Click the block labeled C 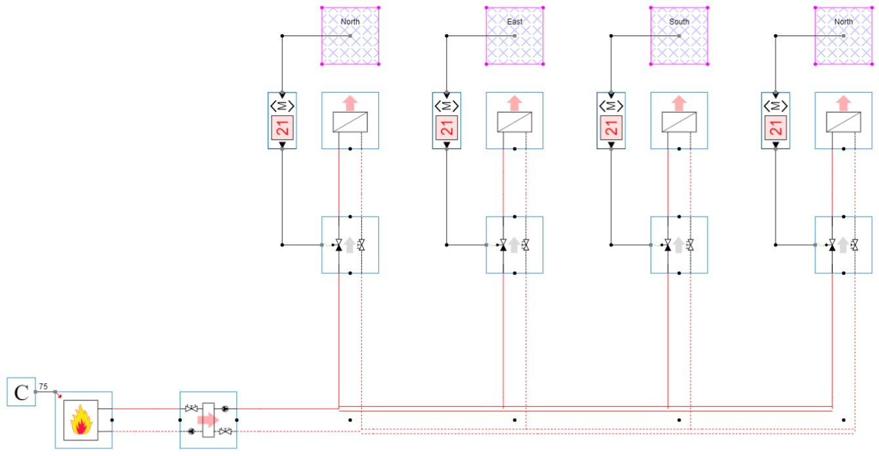(x=21, y=392)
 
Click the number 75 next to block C (x=43, y=386)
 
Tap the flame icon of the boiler (x=81, y=420)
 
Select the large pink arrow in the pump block (x=208, y=420)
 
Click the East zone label (x=515, y=22)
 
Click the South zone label (x=680, y=22)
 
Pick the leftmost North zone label (x=350, y=22)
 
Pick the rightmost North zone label (x=844, y=22)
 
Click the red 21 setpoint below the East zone (x=447, y=128)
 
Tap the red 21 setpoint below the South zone (x=611, y=128)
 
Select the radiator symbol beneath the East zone (x=515, y=122)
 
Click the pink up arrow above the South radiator (x=680, y=103)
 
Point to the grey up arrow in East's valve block (x=514, y=245)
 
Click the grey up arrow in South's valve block (x=679, y=245)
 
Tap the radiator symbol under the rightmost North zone (x=844, y=122)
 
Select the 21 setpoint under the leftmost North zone (x=282, y=128)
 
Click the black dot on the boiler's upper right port (x=112, y=420)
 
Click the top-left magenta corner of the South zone (x=651, y=7)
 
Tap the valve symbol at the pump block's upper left (x=192, y=409)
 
